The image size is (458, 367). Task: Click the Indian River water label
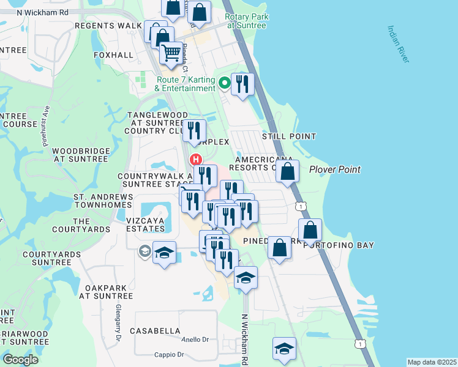399,44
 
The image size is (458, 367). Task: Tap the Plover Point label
334,169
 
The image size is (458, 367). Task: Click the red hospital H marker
196,160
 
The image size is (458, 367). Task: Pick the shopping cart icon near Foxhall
171,52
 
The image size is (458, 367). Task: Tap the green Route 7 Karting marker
225,81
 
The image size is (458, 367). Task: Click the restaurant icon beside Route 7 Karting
243,84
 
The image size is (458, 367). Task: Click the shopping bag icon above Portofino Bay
311,230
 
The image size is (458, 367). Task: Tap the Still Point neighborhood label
289,136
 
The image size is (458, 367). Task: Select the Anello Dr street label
195,339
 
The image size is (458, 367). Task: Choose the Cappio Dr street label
168,354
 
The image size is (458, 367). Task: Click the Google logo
20,360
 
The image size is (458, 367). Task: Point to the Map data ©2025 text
431,362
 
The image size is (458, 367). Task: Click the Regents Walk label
108,26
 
